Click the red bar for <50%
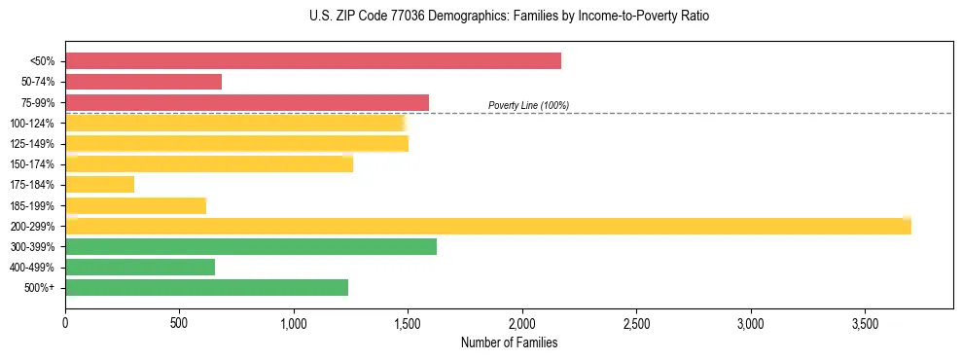coord(312,61)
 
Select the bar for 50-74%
coord(143,82)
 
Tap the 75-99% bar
coord(246,102)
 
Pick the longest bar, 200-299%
coord(487,226)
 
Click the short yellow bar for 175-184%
coord(99,184)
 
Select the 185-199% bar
coord(135,205)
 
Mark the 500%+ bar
coord(206,287)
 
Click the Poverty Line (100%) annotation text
coord(528,105)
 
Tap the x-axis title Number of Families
coord(509,342)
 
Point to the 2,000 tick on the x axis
coord(522,322)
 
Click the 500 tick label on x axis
coord(179,322)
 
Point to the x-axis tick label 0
coord(65,322)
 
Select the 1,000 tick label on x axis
coord(294,322)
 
